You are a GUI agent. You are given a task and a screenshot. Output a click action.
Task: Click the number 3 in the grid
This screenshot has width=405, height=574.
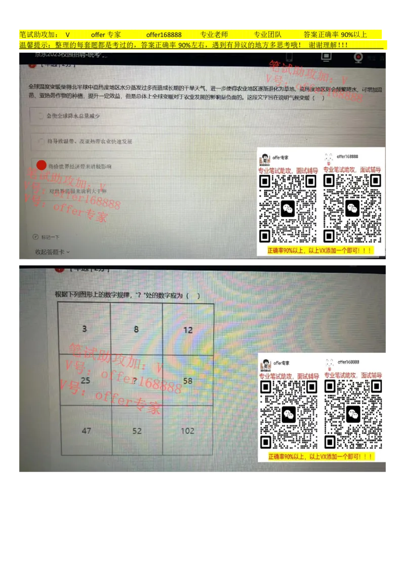click(x=85, y=329)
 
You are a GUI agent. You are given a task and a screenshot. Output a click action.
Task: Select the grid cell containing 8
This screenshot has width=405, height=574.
click(x=136, y=329)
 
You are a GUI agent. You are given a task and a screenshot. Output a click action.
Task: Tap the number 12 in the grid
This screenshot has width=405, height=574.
click(x=188, y=330)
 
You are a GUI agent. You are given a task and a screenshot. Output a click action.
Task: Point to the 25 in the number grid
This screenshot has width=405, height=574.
click(x=85, y=380)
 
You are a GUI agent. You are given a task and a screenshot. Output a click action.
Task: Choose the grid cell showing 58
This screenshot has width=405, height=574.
click(x=188, y=380)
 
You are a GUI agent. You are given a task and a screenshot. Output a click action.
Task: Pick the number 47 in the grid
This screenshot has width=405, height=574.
click(x=86, y=431)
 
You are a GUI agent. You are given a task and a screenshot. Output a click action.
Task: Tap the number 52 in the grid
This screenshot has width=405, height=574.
click(x=137, y=431)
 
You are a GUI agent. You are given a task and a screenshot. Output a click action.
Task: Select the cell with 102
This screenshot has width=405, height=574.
click(x=187, y=431)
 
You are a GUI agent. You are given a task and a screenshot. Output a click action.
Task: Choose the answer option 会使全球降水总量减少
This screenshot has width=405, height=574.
click(x=73, y=116)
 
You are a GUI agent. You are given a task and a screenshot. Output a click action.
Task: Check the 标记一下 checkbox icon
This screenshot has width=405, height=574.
click(x=35, y=237)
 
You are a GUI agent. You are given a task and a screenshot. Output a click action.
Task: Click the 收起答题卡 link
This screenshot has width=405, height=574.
click(x=52, y=252)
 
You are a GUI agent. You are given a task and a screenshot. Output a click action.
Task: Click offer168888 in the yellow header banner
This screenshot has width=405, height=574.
click(x=164, y=34)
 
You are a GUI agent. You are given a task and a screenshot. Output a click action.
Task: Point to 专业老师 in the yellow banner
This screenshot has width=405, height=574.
click(x=214, y=34)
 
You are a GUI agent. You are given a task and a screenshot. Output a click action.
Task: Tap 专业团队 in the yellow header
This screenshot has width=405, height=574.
click(x=267, y=34)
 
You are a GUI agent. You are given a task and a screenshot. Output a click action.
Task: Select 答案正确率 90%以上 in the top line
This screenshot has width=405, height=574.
click(x=335, y=34)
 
